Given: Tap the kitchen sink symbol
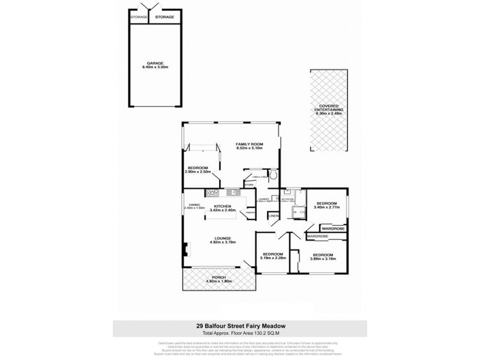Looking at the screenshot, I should click(233, 193).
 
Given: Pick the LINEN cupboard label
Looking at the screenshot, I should click(273, 215).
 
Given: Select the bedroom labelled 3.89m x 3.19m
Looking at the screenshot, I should click(327, 257).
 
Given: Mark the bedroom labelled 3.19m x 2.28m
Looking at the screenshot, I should click(273, 257).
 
